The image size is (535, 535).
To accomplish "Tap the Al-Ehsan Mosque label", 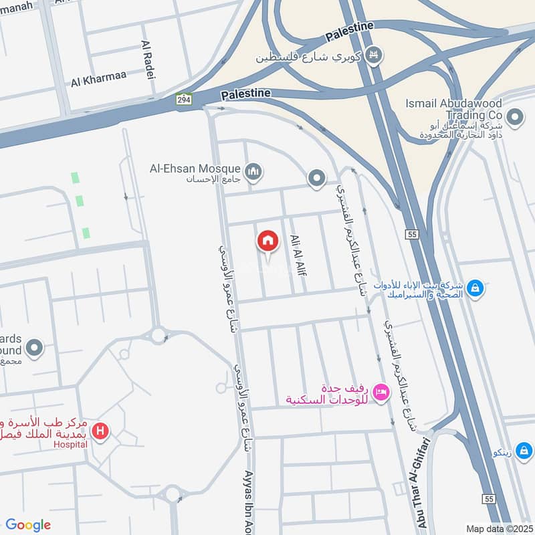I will (x=195, y=169).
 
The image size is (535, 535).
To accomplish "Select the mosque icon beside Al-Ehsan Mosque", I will (x=253, y=172).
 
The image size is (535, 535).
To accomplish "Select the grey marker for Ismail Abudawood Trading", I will (x=515, y=118).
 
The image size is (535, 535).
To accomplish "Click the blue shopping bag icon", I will (x=475, y=288).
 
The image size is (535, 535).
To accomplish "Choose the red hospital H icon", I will (x=101, y=431).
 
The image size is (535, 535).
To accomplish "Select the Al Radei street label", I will (x=148, y=61).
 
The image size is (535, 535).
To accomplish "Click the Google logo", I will (x=28, y=525).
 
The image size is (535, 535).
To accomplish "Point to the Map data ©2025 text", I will (x=498, y=528).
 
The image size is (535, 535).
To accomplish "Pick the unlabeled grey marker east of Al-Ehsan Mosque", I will (x=316, y=178).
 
